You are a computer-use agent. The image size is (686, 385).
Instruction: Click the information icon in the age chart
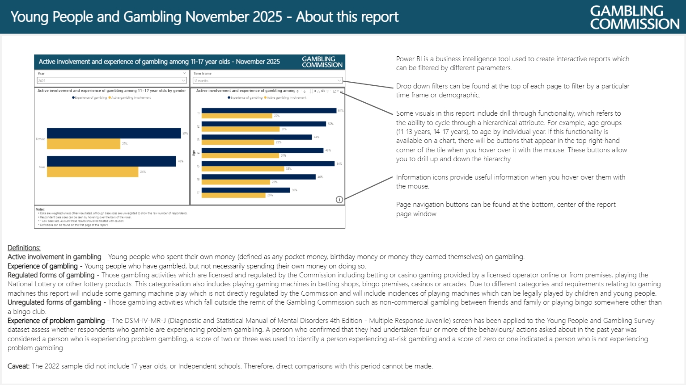pyautogui.click(x=339, y=200)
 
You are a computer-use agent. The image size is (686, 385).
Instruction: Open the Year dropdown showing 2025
pyautogui.click(x=111, y=81)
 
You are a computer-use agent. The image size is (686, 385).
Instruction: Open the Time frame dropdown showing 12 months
pyautogui.click(x=267, y=81)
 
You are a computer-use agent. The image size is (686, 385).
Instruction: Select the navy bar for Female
pyautogui.click(x=114, y=133)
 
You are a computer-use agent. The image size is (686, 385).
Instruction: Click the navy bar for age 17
pyautogui.click(x=246, y=190)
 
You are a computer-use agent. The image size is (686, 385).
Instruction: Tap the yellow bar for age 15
pyautogui.click(x=243, y=169)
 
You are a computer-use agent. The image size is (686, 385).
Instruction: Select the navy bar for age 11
pyautogui.click(x=269, y=110)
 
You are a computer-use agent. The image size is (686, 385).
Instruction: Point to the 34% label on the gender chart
pyautogui.click(x=143, y=172)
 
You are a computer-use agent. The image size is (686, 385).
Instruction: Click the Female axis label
pyautogui.click(x=40, y=139)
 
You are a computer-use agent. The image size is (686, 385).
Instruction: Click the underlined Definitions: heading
pyautogui.click(x=24, y=248)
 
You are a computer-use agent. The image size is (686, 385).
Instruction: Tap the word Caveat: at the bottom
pyautogui.click(x=19, y=366)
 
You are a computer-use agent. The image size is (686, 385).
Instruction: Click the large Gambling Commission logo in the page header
pyautogui.click(x=634, y=17)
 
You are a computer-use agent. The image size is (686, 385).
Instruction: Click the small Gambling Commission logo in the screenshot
pyautogui.click(x=322, y=62)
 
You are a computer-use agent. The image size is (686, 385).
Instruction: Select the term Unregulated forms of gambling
pyautogui.click(x=55, y=302)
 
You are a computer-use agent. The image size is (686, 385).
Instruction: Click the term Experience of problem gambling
pyautogui.click(x=56, y=321)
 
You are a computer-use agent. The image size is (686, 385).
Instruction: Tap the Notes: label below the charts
pyautogui.click(x=40, y=209)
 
